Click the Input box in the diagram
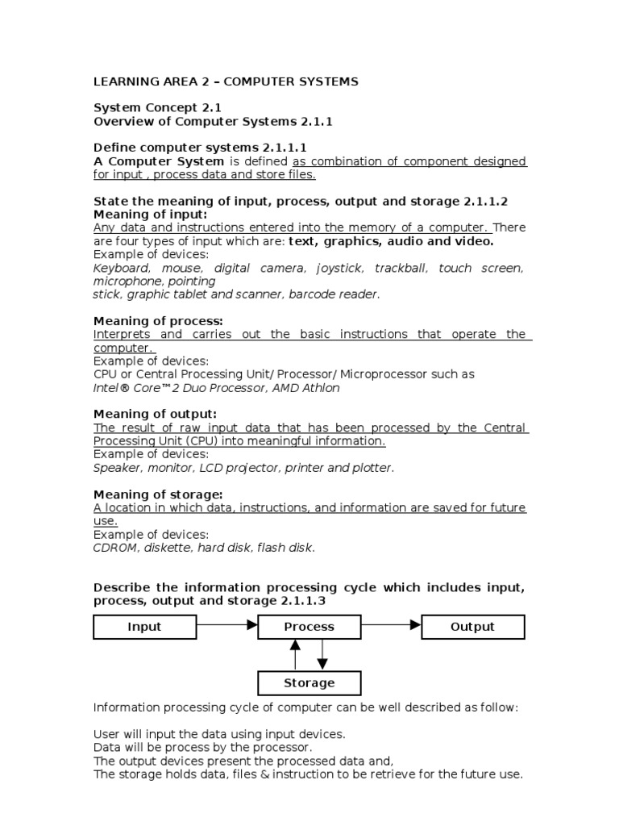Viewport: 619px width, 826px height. (145, 627)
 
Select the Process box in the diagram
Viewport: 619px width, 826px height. (309, 627)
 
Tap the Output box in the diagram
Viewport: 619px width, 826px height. (473, 627)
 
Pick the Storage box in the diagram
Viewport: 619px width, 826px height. (309, 683)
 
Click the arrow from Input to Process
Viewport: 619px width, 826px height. (226, 624)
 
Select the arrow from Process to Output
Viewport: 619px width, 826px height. (391, 624)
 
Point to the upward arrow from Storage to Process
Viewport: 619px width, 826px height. (296, 655)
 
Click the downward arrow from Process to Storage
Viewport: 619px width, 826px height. (322, 655)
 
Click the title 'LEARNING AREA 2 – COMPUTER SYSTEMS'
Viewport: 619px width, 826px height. (226, 81)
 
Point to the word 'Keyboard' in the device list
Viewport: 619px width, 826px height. (121, 268)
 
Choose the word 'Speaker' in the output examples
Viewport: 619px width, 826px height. (116, 468)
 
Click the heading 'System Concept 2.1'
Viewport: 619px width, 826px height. (157, 107)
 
